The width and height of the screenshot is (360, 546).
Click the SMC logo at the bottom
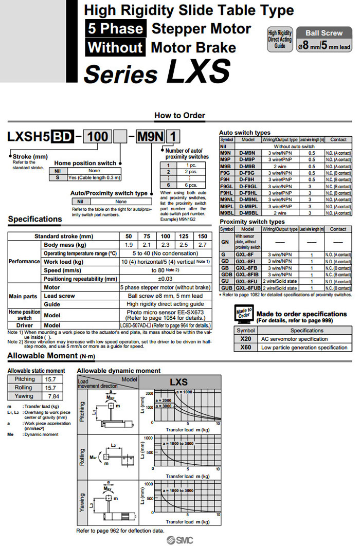[179, 539]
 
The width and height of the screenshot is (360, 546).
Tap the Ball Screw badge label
[324, 33]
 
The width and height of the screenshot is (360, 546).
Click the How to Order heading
[179, 116]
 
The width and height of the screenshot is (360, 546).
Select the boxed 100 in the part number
[99, 137]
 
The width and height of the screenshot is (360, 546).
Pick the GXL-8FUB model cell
[248, 288]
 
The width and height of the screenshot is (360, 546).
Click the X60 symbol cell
[245, 348]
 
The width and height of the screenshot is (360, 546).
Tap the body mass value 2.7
[203, 245]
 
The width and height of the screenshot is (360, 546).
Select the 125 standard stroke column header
[182, 236]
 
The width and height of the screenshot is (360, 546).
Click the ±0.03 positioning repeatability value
[165, 278]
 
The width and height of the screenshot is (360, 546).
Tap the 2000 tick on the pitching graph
[149, 392]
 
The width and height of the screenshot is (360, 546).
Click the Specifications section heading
[35, 219]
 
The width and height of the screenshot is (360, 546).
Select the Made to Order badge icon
[242, 314]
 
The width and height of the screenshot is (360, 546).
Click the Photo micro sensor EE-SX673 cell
[165, 315]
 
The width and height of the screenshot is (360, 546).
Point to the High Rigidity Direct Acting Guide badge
[280, 39]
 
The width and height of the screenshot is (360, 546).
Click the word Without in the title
[115, 48]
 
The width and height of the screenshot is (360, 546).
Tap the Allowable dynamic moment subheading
[119, 370]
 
